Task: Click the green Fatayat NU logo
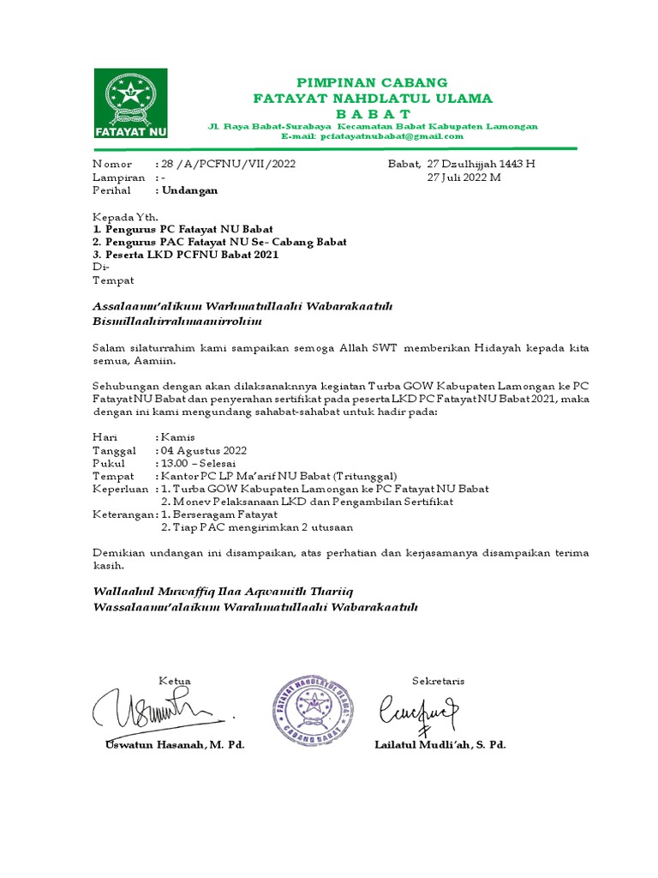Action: pyautogui.click(x=131, y=105)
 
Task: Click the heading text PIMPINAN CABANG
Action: pyautogui.click(x=371, y=82)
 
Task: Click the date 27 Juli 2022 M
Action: pyautogui.click(x=464, y=177)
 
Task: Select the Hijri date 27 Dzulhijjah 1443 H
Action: pyautogui.click(x=480, y=163)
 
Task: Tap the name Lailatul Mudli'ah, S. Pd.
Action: pyautogui.click(x=440, y=745)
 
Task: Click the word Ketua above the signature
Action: pyautogui.click(x=174, y=681)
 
